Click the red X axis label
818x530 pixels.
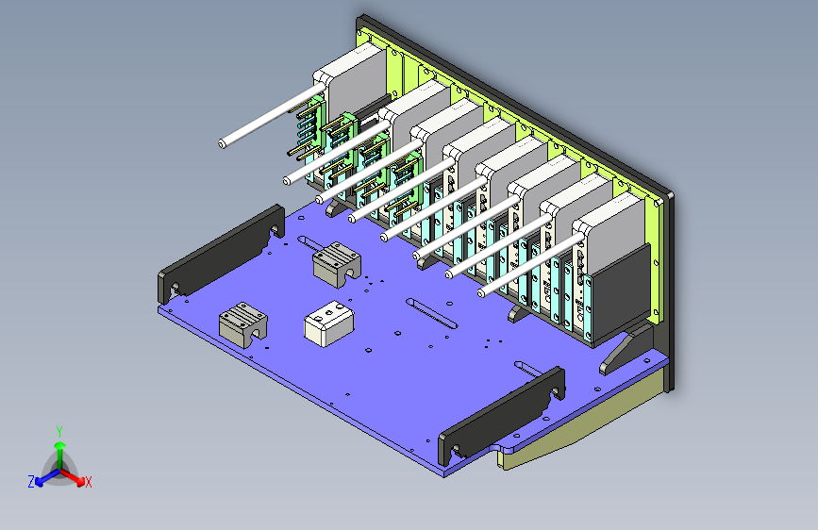point(89,482)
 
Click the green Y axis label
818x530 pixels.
point(58,430)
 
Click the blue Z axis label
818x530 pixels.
point(31,481)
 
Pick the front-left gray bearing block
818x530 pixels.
point(243,323)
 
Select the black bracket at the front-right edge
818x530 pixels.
point(503,414)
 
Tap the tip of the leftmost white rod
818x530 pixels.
point(222,143)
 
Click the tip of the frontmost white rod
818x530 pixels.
point(482,293)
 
